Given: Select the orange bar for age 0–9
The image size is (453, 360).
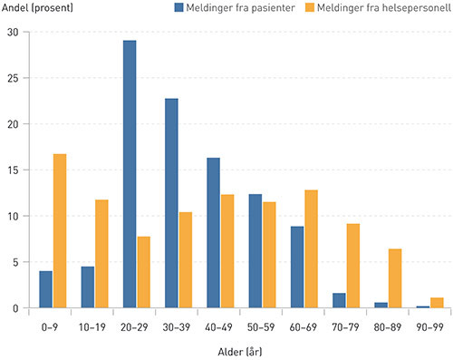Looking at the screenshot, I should point(60,231).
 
